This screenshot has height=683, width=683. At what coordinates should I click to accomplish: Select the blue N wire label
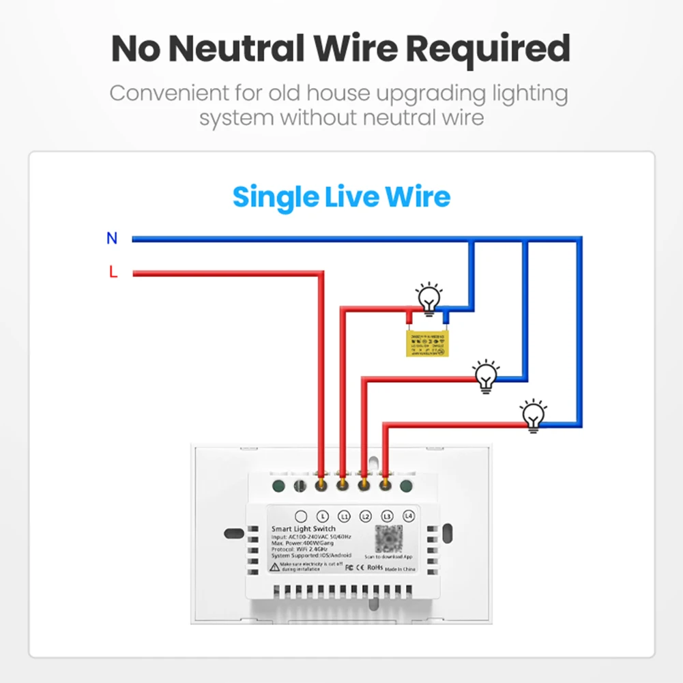[x=112, y=239]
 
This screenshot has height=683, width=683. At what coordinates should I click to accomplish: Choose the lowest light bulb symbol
[x=532, y=413]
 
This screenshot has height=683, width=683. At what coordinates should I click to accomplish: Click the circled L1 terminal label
[x=344, y=517]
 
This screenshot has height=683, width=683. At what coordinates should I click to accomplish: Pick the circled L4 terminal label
[x=409, y=517]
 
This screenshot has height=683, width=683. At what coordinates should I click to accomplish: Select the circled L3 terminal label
[x=388, y=517]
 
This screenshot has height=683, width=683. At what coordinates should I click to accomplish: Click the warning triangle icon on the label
[x=274, y=567]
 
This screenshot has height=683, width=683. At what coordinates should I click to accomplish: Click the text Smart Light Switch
[x=304, y=529]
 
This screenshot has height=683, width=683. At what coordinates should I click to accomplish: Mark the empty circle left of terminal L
[x=301, y=517]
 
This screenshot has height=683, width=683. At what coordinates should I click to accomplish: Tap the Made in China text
[x=399, y=568]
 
